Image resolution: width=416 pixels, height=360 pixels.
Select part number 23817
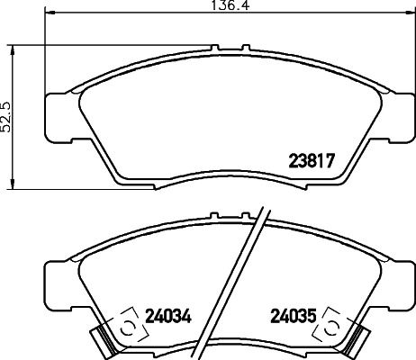coord(311,163)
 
